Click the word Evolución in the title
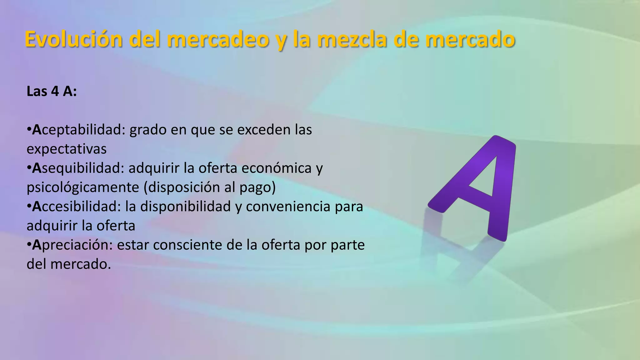click(73, 39)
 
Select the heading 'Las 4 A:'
click(52, 92)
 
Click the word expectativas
click(67, 149)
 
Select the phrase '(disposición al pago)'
click(210, 187)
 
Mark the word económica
click(277, 168)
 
